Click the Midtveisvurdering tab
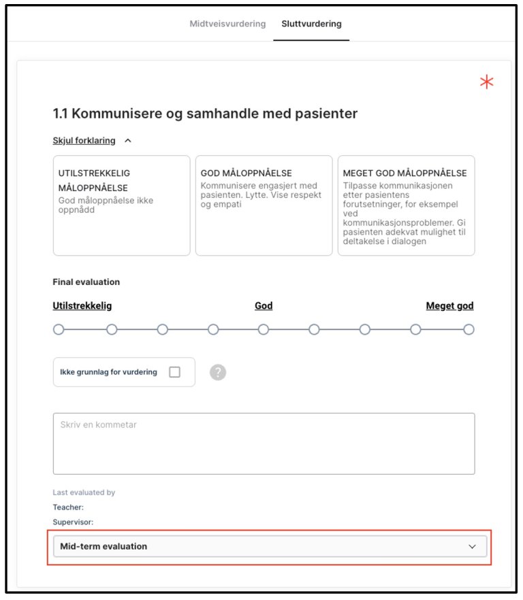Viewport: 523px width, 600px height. [227, 24]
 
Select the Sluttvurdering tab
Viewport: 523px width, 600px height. [311, 24]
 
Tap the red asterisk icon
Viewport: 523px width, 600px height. [486, 83]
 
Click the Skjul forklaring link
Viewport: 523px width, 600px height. [84, 141]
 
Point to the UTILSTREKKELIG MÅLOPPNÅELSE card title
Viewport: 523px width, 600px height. [94, 180]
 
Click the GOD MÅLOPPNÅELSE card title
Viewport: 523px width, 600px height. [247, 173]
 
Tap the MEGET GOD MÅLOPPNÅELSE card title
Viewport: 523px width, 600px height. [405, 173]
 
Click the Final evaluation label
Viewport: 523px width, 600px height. [86, 282]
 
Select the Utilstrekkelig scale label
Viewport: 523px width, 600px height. [82, 306]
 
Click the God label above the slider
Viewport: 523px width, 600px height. [264, 306]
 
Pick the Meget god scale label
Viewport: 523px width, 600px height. [449, 306]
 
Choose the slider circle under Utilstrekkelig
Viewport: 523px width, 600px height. [59, 330]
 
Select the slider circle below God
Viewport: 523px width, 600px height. [264, 330]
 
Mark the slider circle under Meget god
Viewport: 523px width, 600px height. [469, 330]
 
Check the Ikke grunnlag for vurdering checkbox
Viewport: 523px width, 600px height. [174, 372]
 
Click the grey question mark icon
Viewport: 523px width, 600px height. [218, 372]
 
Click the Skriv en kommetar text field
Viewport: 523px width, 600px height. [264, 443]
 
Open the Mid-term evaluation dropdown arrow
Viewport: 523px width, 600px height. [473, 546]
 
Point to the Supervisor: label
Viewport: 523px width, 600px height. [73, 522]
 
